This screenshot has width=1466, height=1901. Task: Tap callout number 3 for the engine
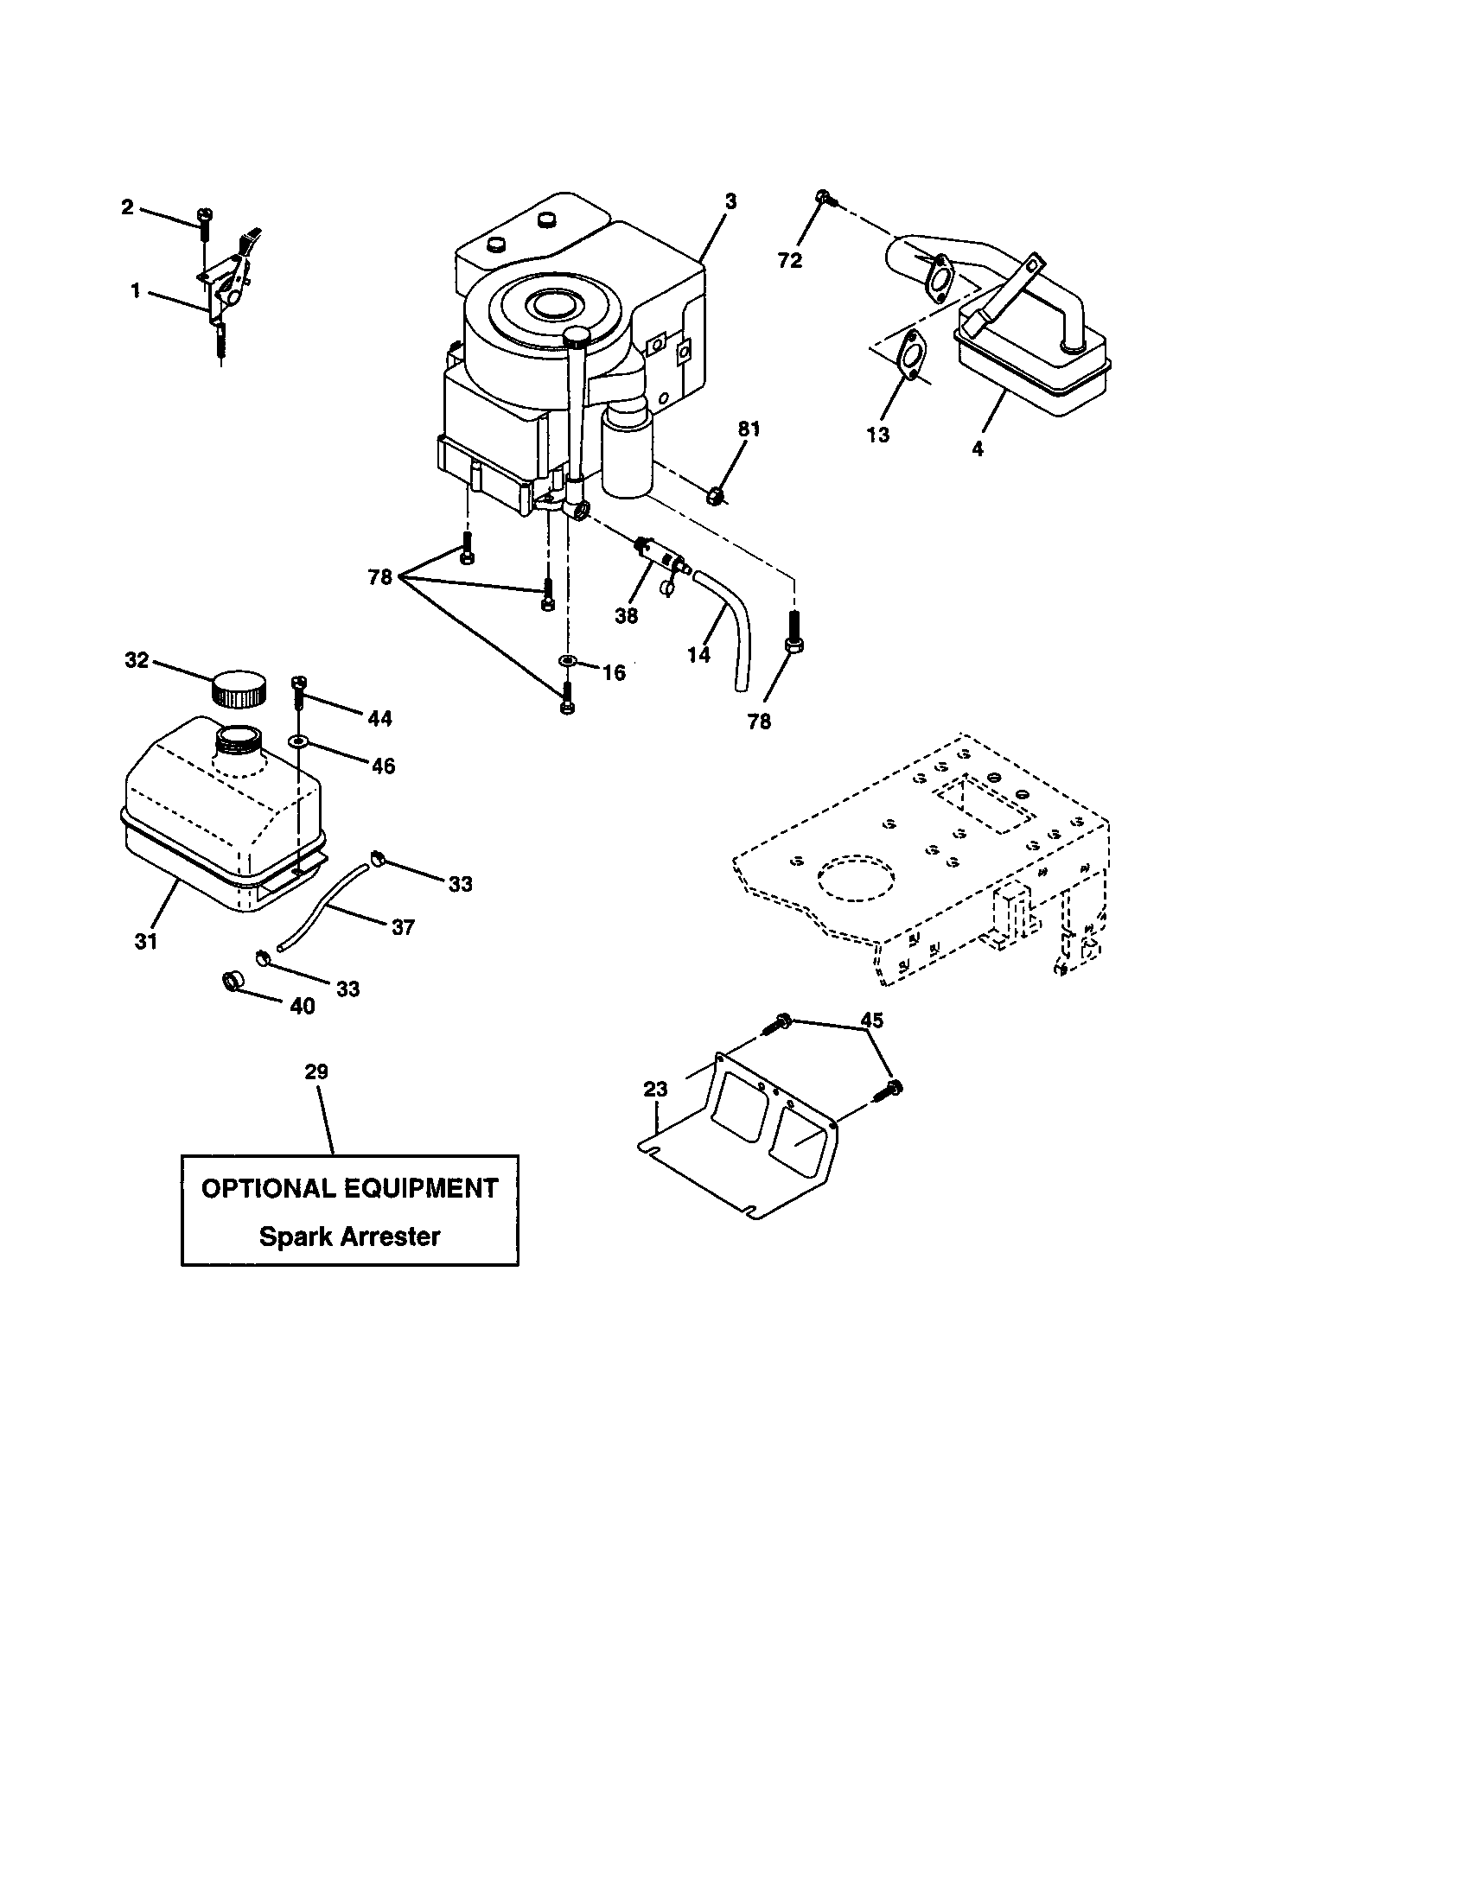click(x=730, y=201)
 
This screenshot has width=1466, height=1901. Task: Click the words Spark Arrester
click(x=349, y=1236)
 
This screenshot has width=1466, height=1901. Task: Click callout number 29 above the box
click(x=316, y=1071)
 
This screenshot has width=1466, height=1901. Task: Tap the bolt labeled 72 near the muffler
click(x=824, y=200)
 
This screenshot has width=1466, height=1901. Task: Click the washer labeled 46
click(x=298, y=741)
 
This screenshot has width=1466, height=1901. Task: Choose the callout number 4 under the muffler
click(x=978, y=449)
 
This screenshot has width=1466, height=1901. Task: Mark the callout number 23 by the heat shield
click(x=655, y=1089)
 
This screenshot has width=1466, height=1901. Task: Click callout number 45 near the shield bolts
click(x=871, y=1020)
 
